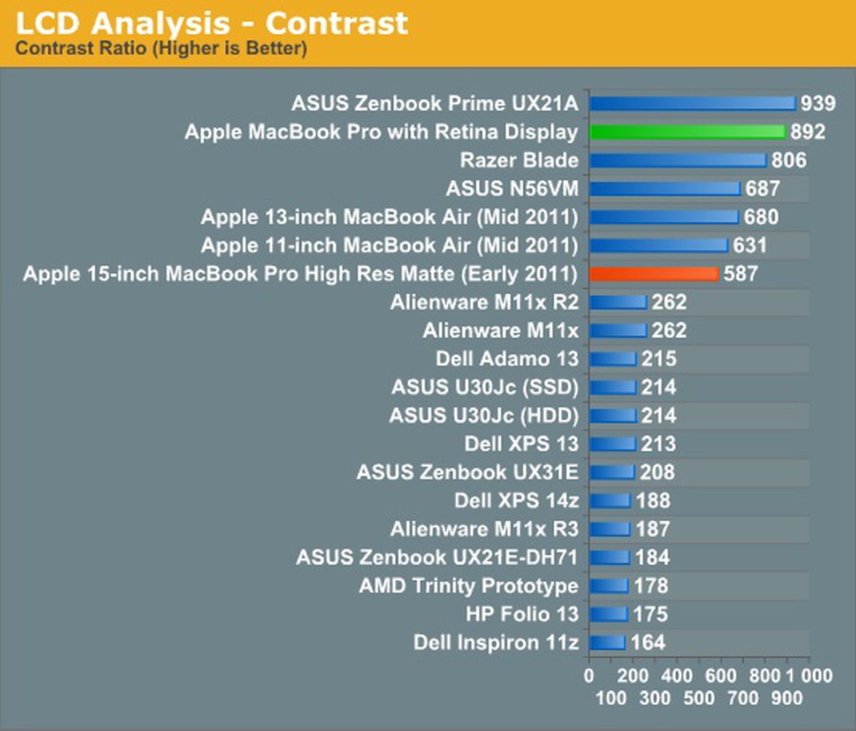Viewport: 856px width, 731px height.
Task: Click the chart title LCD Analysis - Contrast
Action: tap(212, 24)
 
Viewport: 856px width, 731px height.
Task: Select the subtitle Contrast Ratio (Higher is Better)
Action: tap(161, 48)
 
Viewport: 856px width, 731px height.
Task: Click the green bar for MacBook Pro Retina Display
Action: tap(687, 132)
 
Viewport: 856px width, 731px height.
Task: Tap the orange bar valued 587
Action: tap(654, 274)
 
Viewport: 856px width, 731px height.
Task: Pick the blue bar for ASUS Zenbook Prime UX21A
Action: tap(692, 103)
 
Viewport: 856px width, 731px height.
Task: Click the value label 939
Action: tap(817, 103)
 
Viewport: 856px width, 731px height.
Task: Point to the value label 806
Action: tap(789, 160)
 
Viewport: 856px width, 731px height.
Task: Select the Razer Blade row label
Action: tap(519, 160)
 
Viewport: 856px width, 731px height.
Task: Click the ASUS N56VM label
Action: tap(512, 188)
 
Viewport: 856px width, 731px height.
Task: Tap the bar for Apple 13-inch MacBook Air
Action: tap(664, 217)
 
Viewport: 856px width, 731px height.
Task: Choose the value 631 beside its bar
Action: tap(750, 245)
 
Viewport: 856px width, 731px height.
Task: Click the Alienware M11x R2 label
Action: tap(484, 302)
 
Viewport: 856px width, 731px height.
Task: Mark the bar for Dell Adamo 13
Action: tap(613, 359)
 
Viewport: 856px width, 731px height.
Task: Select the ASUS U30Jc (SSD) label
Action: tap(485, 387)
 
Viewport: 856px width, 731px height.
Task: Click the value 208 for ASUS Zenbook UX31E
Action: tap(658, 472)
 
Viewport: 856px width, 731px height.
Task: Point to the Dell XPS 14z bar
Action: tap(610, 501)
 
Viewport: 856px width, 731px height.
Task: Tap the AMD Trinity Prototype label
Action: tap(469, 586)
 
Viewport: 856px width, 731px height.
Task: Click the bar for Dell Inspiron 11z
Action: tap(607, 642)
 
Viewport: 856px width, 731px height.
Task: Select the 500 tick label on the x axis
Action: tap(699, 698)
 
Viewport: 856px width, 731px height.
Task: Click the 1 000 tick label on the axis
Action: tap(809, 675)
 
